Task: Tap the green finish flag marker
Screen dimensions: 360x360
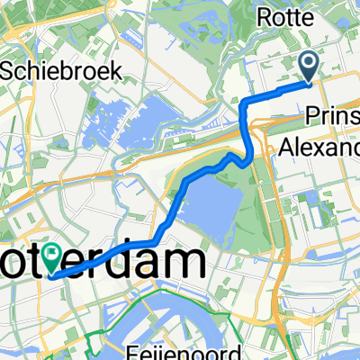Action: pyautogui.click(x=58, y=258)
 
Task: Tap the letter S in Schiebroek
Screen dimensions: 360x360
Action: pyautogui.click(x=8, y=68)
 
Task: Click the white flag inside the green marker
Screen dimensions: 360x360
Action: pyautogui.click(x=58, y=256)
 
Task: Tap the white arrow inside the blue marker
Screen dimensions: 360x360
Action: pyautogui.click(x=308, y=63)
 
